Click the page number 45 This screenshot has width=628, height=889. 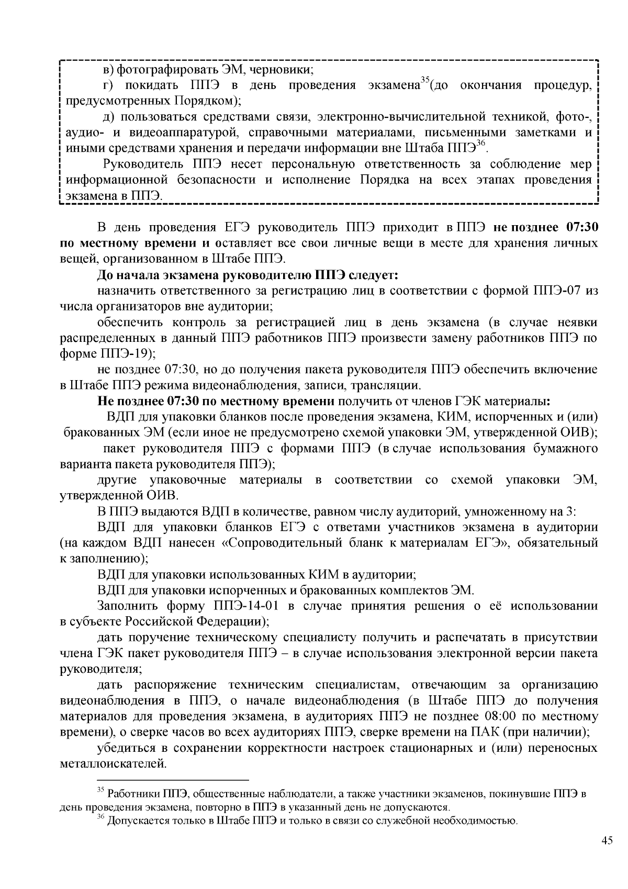click(x=607, y=840)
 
